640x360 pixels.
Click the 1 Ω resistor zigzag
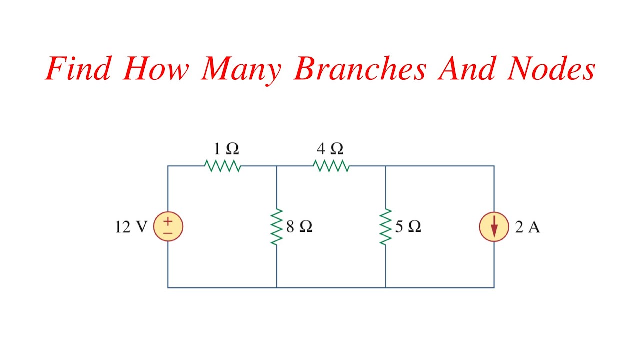(x=223, y=166)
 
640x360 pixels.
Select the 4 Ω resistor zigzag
(x=331, y=166)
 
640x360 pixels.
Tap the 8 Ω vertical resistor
(x=277, y=226)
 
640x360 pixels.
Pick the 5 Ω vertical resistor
(x=385, y=226)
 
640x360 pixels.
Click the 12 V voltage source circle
(x=168, y=226)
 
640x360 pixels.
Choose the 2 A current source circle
(x=494, y=227)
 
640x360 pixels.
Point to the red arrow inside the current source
(x=494, y=228)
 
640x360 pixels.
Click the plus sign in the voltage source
(x=168, y=220)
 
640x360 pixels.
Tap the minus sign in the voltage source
(x=168, y=233)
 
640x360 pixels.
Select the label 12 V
(x=131, y=227)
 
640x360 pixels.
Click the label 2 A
(x=528, y=227)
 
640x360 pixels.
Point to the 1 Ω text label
(x=226, y=149)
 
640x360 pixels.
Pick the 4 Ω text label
(x=330, y=149)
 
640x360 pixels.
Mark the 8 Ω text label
(x=299, y=227)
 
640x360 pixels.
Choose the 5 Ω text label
(x=408, y=227)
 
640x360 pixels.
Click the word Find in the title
(x=77, y=69)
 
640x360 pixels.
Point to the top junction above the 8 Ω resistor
(x=277, y=166)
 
